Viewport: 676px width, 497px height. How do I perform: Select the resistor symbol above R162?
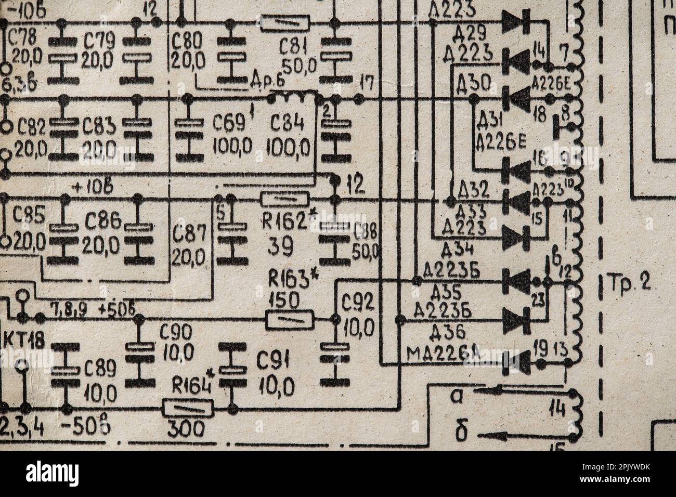click(x=284, y=199)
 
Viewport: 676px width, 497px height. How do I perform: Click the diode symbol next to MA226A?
click(x=516, y=362)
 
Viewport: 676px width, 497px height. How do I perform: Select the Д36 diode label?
click(x=448, y=331)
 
